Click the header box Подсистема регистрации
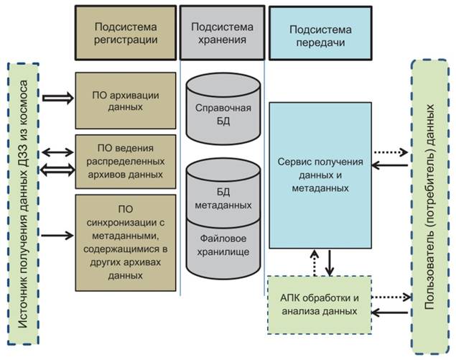pyautogui.click(x=126, y=32)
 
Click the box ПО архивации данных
pyautogui.click(x=126, y=100)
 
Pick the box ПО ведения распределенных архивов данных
pyautogui.click(x=126, y=161)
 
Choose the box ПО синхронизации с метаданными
pyautogui.click(x=126, y=241)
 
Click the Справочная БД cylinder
pyautogui.click(x=223, y=114)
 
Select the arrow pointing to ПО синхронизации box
pyautogui.click(x=57, y=234)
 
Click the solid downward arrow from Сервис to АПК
pyautogui.click(x=329, y=262)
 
